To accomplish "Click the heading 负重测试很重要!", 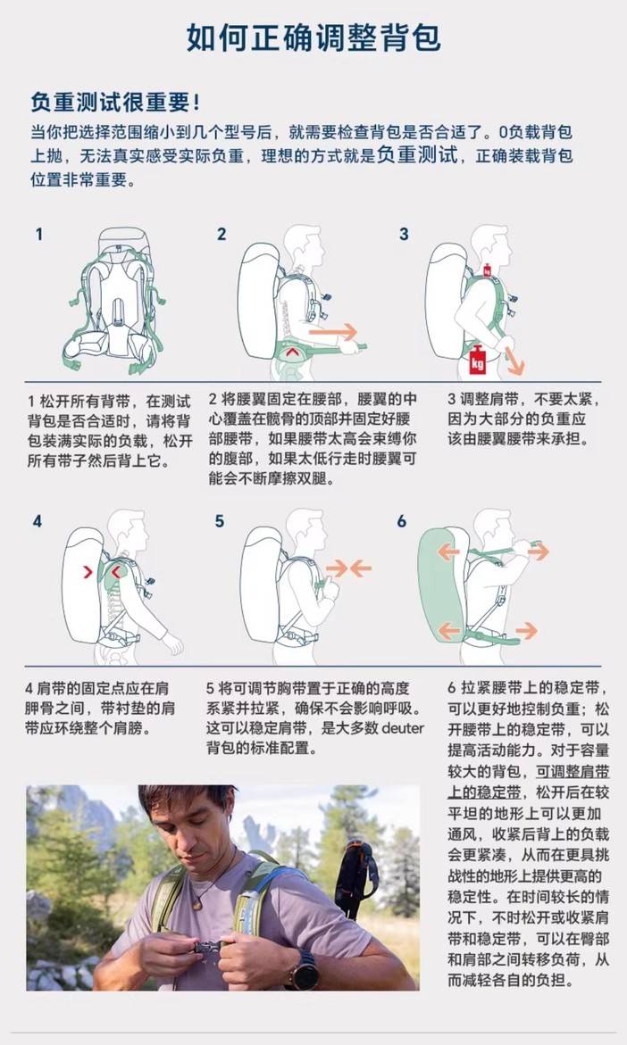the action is (x=114, y=103).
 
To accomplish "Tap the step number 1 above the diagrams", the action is (x=39, y=235).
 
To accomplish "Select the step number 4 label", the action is (x=38, y=521).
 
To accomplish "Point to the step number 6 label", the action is (x=402, y=521).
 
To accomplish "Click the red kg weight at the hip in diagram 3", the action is (x=477, y=360).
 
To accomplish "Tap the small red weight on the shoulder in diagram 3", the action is (x=487, y=270).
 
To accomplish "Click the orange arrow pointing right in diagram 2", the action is (x=333, y=331).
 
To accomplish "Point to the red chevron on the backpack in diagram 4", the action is (x=88, y=572).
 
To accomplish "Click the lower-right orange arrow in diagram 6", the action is (x=526, y=630).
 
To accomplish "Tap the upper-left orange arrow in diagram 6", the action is (x=448, y=552).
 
